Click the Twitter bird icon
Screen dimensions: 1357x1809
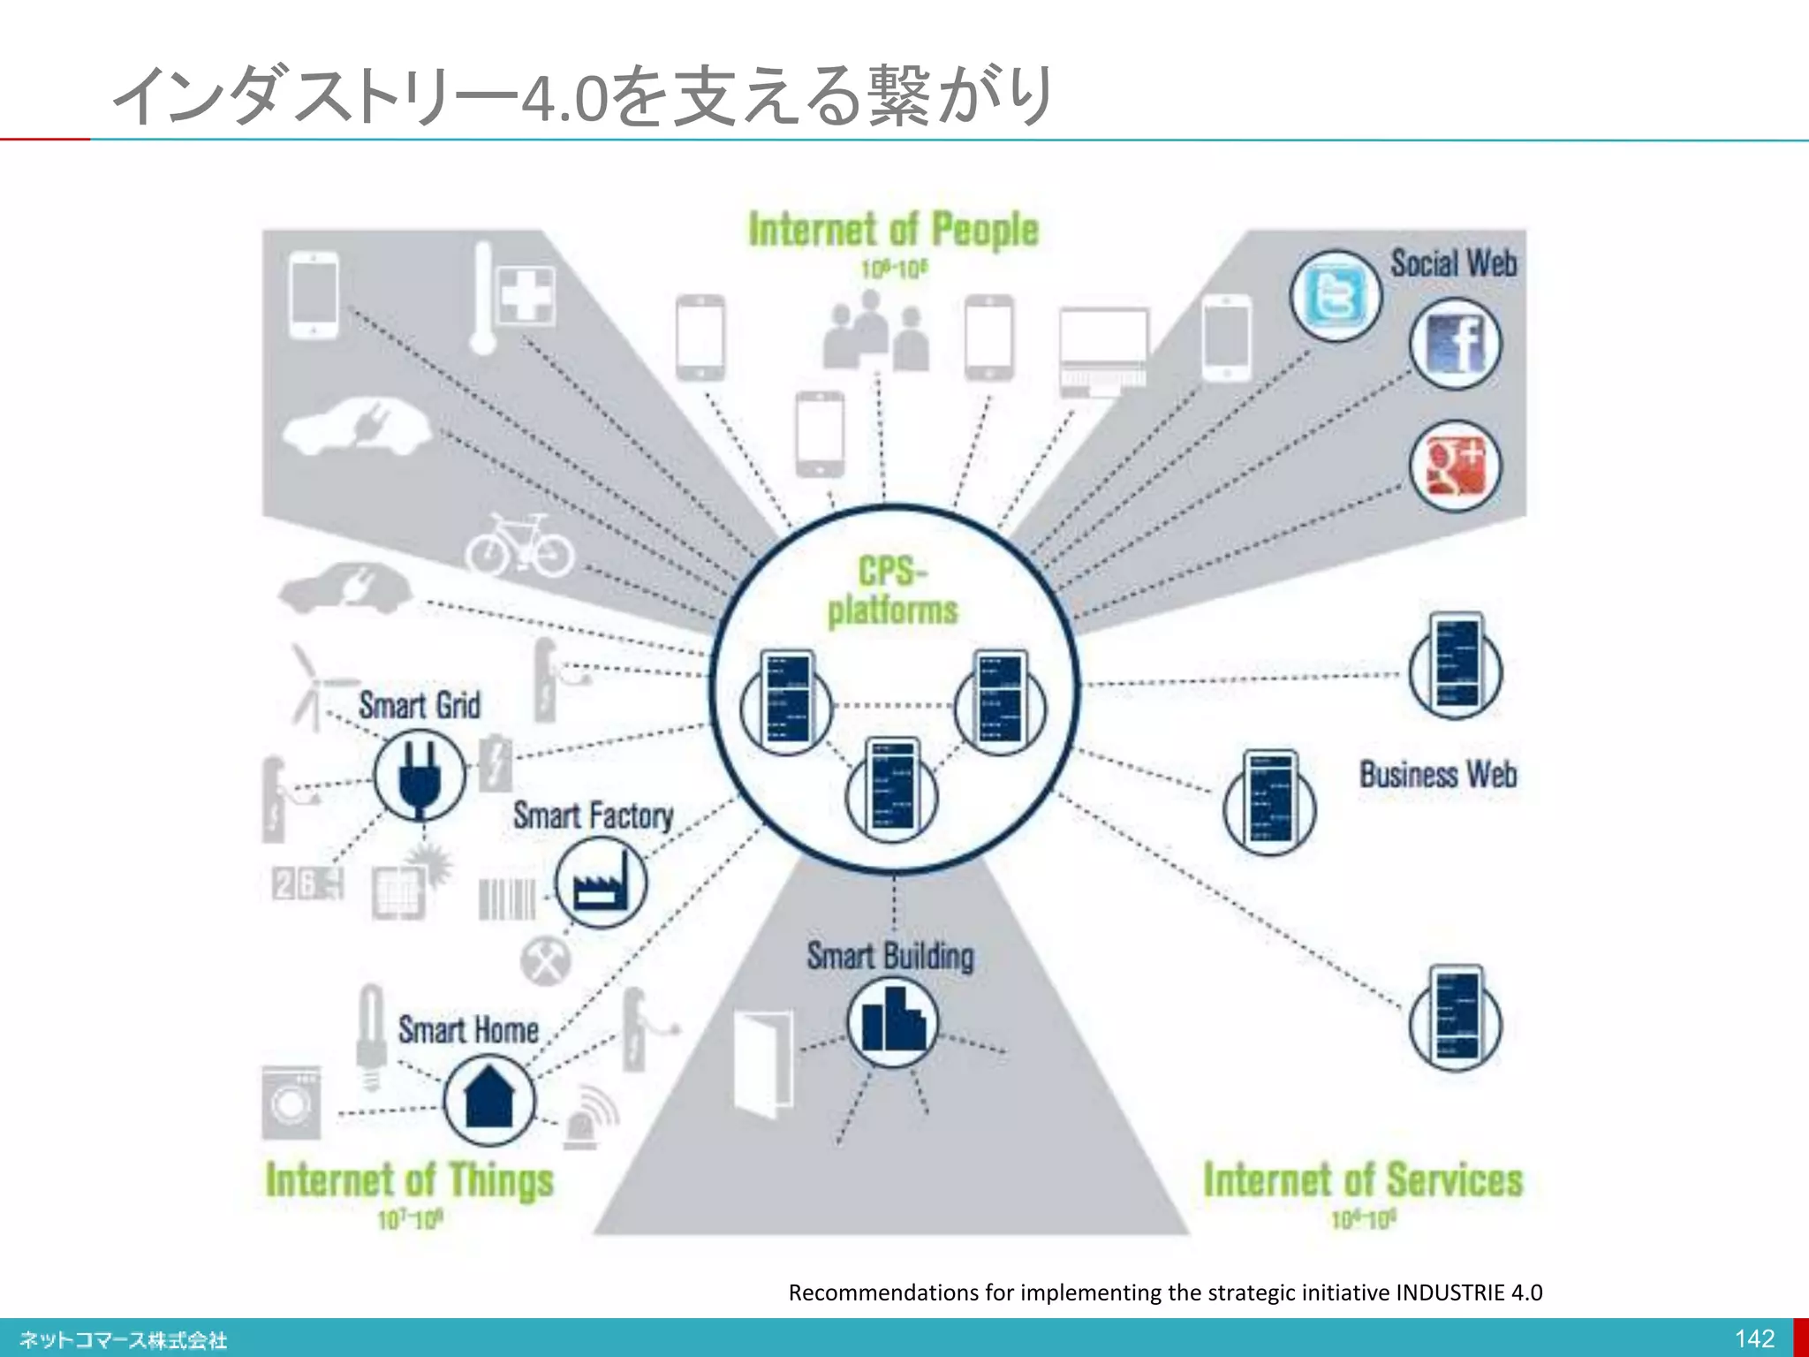pyautogui.click(x=1335, y=296)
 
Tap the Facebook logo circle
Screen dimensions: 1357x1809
pyautogui.click(x=1455, y=344)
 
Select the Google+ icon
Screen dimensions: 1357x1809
pyautogui.click(x=1455, y=466)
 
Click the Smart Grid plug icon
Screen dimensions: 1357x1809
pyautogui.click(x=419, y=776)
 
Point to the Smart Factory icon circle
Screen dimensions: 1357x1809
pyautogui.click(x=601, y=882)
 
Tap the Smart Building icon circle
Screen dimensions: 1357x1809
pyautogui.click(x=892, y=1022)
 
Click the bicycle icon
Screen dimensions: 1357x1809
pyautogui.click(x=520, y=546)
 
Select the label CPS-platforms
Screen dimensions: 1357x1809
pyautogui.click(x=892, y=590)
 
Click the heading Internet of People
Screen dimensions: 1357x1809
pyautogui.click(x=893, y=230)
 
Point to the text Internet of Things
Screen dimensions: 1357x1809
pyautogui.click(x=410, y=1180)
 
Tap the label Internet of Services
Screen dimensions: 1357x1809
pyautogui.click(x=1363, y=1180)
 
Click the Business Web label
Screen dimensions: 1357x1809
pyautogui.click(x=1438, y=775)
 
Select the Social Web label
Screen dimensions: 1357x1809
pyautogui.click(x=1453, y=263)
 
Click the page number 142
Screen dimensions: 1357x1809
pyautogui.click(x=1754, y=1338)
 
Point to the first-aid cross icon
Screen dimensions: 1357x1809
pyautogui.click(x=527, y=294)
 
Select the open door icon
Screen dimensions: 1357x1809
pyautogui.click(x=762, y=1064)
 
